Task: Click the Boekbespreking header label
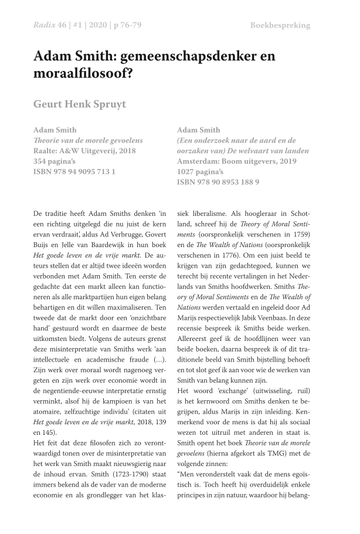[280, 25]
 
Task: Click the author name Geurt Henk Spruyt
[79, 104]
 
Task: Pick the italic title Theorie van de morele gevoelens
[88, 141]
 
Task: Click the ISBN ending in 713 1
[74, 172]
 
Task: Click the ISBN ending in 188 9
[218, 182]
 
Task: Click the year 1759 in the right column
[298, 234]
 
